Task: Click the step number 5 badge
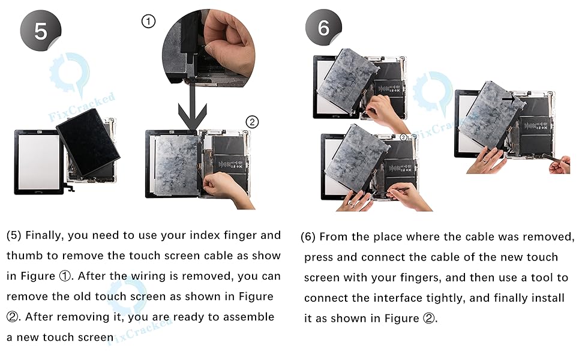click(40, 31)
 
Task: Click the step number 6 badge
click(323, 28)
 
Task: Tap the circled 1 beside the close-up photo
click(148, 22)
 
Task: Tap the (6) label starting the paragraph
click(308, 237)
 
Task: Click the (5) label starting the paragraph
click(14, 236)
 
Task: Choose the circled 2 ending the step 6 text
click(429, 319)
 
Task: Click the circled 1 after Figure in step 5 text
click(65, 276)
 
